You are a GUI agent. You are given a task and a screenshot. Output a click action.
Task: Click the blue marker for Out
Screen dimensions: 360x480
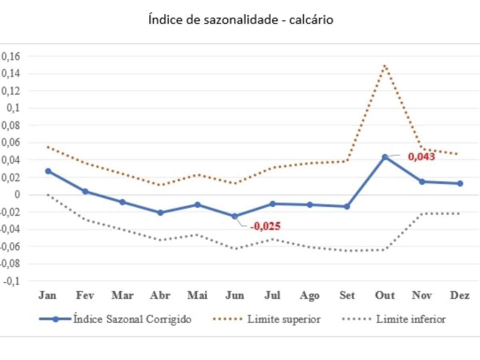click(x=385, y=157)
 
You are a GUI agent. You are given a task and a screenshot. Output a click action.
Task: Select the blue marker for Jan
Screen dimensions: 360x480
click(x=48, y=171)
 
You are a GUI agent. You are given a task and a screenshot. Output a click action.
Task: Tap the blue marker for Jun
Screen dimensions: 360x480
click(x=235, y=216)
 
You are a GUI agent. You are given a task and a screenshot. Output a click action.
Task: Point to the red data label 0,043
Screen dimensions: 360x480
click(x=421, y=157)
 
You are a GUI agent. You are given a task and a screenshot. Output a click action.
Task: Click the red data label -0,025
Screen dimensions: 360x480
click(x=265, y=226)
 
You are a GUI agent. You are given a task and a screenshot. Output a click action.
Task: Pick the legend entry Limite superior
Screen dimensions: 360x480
click(x=284, y=319)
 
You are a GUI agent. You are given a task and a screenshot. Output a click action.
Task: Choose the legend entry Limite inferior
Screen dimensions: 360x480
click(x=411, y=319)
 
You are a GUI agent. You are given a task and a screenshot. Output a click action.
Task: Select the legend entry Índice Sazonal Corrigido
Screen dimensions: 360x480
click(x=132, y=319)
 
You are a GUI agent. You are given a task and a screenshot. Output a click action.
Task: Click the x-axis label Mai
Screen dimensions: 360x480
click(x=198, y=296)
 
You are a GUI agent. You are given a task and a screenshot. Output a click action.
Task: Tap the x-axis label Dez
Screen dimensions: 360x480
click(x=460, y=296)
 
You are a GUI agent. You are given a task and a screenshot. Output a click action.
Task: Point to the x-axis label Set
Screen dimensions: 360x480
click(x=347, y=296)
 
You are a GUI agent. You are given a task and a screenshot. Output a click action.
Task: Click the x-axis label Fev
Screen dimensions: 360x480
click(x=85, y=296)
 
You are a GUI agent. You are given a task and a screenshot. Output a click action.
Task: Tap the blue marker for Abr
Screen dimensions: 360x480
click(x=160, y=213)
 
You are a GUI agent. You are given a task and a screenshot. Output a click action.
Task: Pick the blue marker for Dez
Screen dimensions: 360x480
click(x=460, y=184)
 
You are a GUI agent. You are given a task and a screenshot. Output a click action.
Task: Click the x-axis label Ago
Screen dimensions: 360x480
click(x=310, y=296)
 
